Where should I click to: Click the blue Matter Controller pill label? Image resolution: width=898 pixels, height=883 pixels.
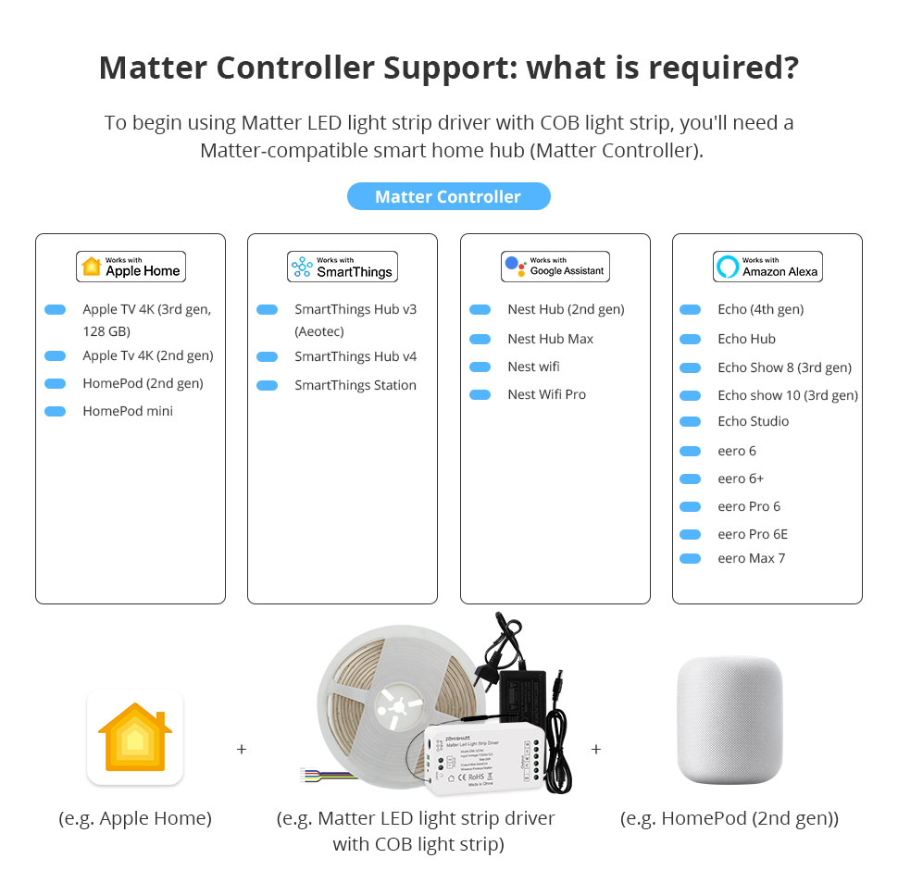(448, 196)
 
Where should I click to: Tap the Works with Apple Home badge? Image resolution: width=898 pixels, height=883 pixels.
(131, 267)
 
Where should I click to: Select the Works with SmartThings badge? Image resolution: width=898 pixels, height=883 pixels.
(343, 267)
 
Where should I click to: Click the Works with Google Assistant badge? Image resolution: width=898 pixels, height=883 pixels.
(555, 267)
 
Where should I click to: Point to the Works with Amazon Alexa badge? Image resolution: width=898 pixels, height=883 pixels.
(767, 267)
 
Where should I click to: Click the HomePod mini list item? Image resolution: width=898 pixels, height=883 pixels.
(128, 411)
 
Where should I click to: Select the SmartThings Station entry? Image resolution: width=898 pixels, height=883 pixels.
(355, 385)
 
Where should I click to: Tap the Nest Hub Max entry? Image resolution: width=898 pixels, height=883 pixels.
(550, 339)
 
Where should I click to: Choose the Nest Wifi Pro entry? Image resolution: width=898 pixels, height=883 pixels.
(546, 394)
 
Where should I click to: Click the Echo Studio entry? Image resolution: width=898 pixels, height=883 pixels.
(753, 421)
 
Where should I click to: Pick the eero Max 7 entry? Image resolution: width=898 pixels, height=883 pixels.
(751, 558)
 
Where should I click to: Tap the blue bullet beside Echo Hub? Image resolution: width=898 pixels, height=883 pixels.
(690, 339)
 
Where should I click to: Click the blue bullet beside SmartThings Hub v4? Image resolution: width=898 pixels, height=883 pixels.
(267, 356)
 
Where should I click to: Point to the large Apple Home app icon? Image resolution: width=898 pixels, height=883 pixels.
(135, 738)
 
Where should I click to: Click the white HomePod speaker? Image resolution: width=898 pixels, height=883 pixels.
(730, 723)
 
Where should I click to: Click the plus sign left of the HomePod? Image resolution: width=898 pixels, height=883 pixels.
(595, 749)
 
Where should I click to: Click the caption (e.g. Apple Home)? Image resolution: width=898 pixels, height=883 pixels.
(135, 818)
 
